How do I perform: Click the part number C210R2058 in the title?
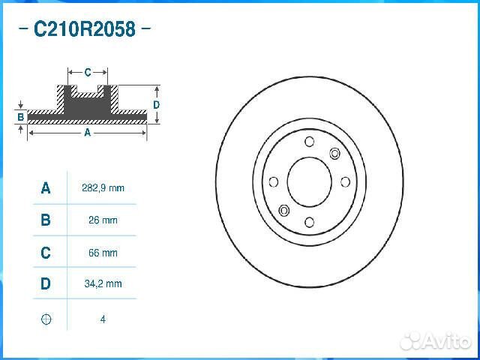(84, 30)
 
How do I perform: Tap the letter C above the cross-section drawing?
(87, 73)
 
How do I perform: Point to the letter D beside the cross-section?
(156, 105)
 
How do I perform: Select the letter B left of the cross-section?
(20, 117)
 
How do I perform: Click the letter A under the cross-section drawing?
(87, 133)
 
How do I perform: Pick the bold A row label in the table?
(46, 188)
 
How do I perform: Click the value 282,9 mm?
(103, 188)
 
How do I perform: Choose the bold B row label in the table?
(46, 220)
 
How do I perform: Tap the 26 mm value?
(103, 220)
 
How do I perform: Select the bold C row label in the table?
(46, 253)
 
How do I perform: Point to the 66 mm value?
(103, 253)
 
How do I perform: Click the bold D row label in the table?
(46, 284)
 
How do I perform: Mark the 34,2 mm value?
(103, 284)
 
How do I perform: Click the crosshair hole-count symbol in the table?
(46, 319)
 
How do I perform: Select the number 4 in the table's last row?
(103, 319)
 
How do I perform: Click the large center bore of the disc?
(309, 181)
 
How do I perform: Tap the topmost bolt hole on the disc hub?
(309, 142)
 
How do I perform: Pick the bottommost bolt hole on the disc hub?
(309, 222)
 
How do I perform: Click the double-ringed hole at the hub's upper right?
(335, 153)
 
